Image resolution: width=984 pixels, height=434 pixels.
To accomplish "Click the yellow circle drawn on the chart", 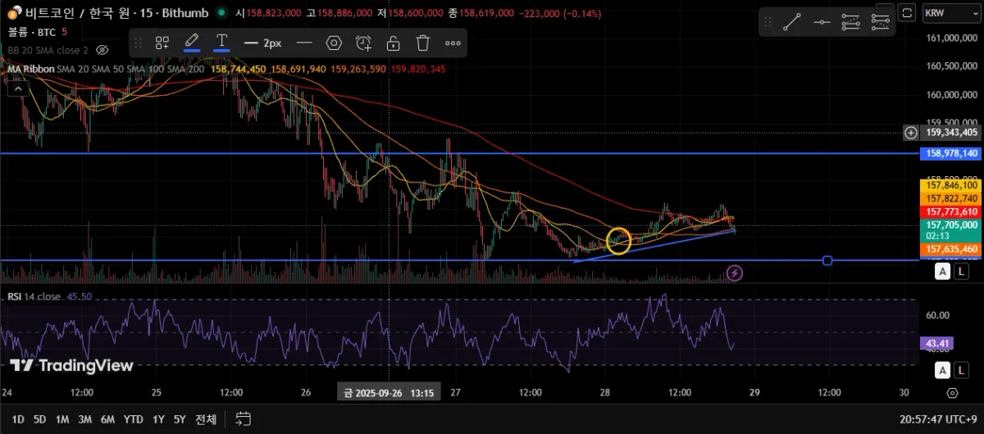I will [619, 240].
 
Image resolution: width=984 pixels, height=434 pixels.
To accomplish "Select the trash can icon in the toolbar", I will [423, 43].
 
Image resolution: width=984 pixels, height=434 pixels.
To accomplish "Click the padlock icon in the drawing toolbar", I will [394, 43].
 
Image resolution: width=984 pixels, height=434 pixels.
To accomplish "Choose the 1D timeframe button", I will [17, 419].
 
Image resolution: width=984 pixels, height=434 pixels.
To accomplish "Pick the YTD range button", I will [133, 419].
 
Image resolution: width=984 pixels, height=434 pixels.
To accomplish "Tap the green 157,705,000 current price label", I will [951, 224].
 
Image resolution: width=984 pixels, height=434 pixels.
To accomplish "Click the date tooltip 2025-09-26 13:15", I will [389, 393].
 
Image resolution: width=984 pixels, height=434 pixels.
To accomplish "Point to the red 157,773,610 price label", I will [951, 211].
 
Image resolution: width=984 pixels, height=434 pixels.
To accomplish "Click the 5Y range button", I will [180, 419].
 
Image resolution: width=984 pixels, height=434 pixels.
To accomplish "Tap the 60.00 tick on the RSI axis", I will [938, 314].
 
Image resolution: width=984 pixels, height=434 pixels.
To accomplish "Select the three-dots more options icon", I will [453, 43].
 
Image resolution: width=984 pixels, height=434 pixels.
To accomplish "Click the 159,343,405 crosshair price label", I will [951, 132].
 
